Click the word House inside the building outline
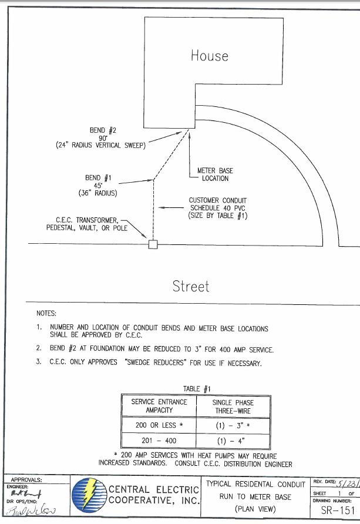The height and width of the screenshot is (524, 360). click(209, 56)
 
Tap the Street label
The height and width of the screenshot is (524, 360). click(191, 286)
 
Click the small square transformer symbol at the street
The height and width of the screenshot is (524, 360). click(153, 244)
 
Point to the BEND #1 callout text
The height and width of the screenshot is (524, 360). click(97, 185)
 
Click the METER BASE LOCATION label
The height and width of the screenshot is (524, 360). click(215, 174)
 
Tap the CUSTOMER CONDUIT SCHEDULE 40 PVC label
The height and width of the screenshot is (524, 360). click(218, 208)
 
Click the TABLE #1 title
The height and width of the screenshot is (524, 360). click(197, 388)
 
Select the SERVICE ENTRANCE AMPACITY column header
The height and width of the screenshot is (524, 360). click(159, 406)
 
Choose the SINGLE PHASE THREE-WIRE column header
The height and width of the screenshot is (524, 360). click(233, 406)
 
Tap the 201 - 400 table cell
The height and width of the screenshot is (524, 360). click(159, 441)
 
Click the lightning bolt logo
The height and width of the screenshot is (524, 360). click(89, 496)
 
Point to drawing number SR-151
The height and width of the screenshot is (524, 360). click(338, 510)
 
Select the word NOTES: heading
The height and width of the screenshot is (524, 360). click(46, 314)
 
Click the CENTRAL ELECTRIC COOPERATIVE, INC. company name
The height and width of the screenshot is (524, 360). click(154, 495)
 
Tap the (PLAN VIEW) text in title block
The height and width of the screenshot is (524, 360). click(255, 509)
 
